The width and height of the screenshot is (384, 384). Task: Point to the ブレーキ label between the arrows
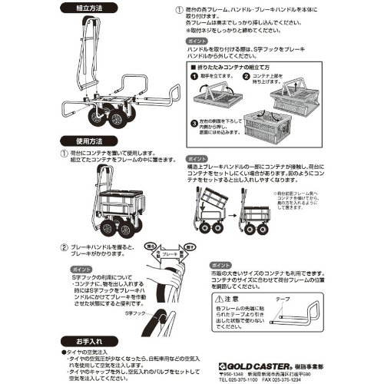(168, 250)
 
